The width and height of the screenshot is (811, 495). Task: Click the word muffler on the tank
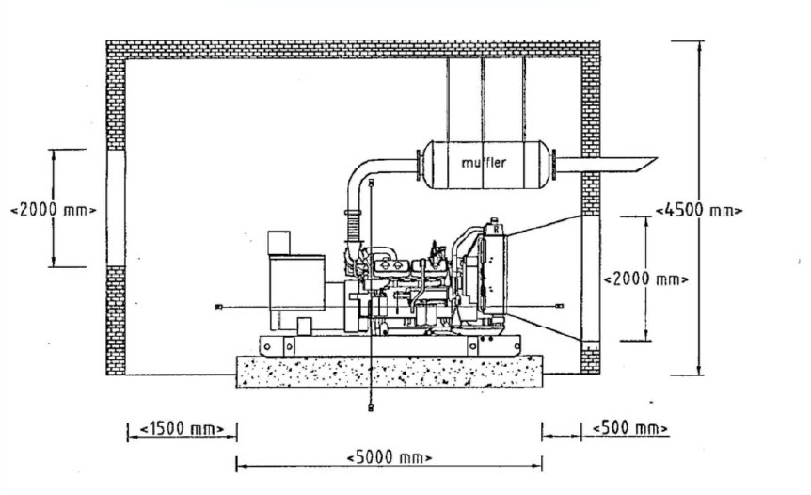point(483,163)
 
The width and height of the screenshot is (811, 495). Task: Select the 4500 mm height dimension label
point(699,211)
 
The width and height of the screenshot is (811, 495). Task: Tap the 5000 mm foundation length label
point(389,457)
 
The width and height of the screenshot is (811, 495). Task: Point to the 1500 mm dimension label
point(183,429)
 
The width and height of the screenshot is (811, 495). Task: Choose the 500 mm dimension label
point(630,428)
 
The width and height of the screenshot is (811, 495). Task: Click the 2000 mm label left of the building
point(54,210)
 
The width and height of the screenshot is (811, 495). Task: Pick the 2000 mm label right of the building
point(646,279)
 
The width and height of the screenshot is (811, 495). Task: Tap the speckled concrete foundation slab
point(389,372)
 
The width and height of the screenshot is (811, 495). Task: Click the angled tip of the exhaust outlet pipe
point(657,158)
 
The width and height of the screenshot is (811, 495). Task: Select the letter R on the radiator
point(496,229)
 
